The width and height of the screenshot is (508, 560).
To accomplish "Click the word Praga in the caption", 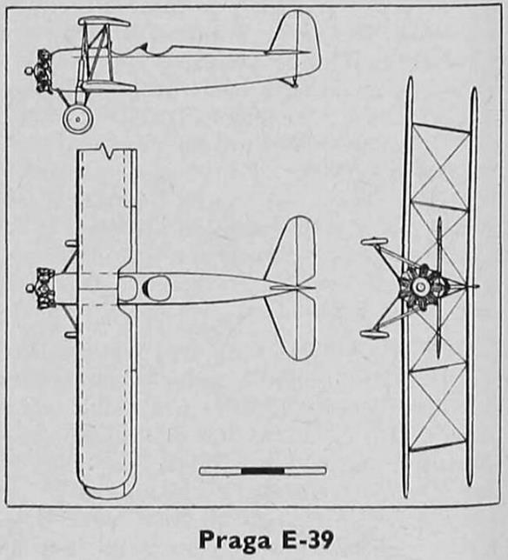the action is [234, 541].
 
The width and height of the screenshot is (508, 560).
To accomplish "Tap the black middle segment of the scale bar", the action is [263, 471].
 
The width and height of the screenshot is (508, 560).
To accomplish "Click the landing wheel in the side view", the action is [78, 119].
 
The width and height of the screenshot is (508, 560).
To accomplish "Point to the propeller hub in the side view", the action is [28, 71].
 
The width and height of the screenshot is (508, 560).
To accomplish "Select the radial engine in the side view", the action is [44, 71].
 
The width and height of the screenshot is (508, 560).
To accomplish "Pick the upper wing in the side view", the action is [104, 21].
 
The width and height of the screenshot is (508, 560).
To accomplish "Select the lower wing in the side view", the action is [109, 86].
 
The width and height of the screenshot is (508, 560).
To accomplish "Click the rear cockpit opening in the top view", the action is [157, 288].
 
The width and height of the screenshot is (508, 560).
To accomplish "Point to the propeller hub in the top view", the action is [30, 288].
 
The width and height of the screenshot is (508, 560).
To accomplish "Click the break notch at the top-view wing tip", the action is [106, 150].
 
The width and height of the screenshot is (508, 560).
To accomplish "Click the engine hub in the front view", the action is [421, 286].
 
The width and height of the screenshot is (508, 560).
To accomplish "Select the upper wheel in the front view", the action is [374, 242].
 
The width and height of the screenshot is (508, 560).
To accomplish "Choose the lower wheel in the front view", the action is [374, 334].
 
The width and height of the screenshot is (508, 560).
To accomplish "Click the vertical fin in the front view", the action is [439, 286].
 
